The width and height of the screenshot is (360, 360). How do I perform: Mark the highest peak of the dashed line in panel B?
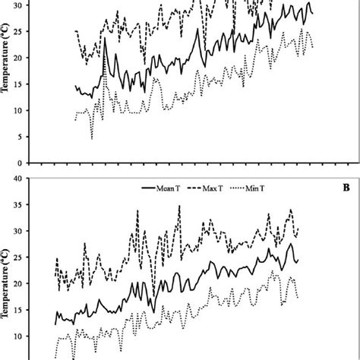pyautogui.click(x=179, y=205)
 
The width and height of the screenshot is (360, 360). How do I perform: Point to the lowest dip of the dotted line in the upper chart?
pyautogui.click(x=92, y=138)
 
